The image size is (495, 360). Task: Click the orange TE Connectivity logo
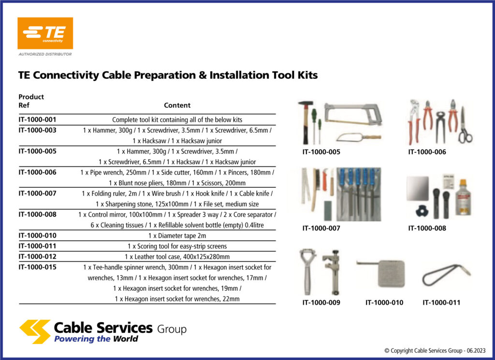(45, 33)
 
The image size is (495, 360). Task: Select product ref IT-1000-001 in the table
(37, 119)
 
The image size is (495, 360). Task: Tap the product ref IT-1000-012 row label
(37, 256)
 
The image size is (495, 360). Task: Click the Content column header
(177, 105)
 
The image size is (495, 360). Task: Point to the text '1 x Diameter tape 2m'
(177, 236)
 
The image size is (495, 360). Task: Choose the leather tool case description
(177, 256)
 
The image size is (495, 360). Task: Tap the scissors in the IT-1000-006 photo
(465, 126)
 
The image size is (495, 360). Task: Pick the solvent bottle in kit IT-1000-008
(463, 198)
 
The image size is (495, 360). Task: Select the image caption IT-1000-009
(321, 302)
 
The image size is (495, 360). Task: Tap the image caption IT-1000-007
(321, 228)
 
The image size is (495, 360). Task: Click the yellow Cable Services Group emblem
(34, 331)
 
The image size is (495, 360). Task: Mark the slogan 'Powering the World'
(96, 339)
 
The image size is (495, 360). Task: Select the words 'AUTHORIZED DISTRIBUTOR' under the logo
(45, 54)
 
